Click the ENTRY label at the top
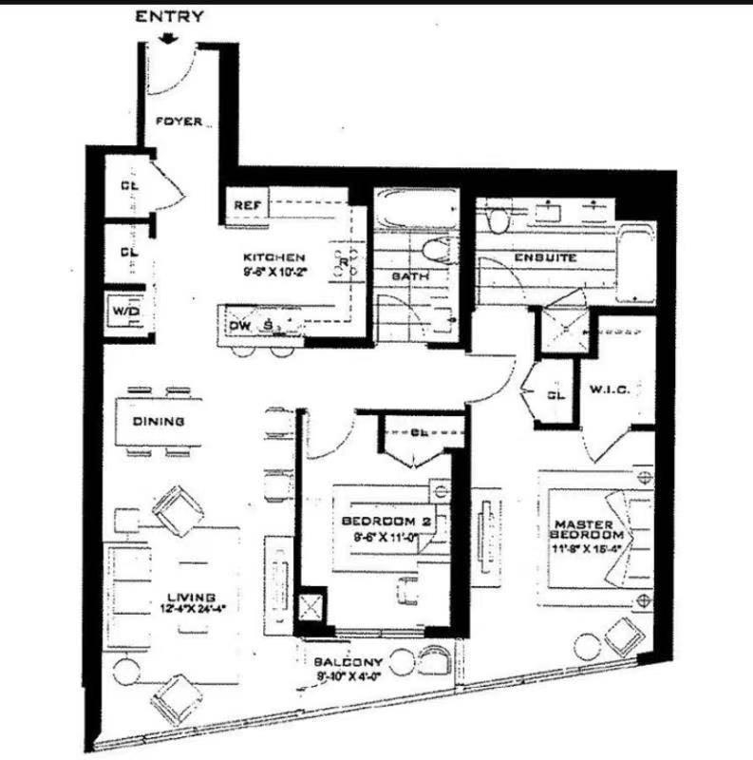pos(170,16)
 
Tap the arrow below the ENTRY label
pos(170,38)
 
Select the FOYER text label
pos(178,123)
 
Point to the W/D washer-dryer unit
pos(123,312)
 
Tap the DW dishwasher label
pos(241,326)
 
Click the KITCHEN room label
pos(273,257)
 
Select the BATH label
pos(410,276)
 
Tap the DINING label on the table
pos(158,422)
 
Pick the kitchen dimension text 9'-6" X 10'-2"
pos(273,271)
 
